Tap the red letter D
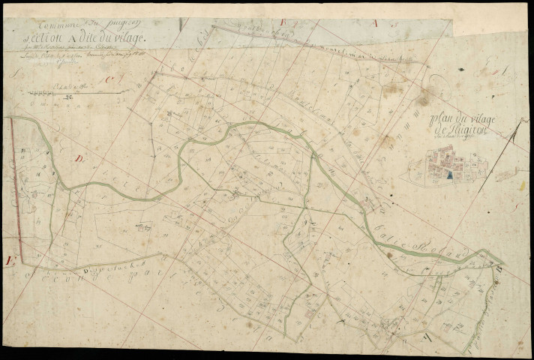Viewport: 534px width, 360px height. click(x=79, y=159)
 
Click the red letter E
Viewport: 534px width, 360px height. click(x=10, y=261)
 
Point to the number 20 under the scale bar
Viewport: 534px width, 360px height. click(x=68, y=97)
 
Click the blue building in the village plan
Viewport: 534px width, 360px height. click(x=448, y=175)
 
